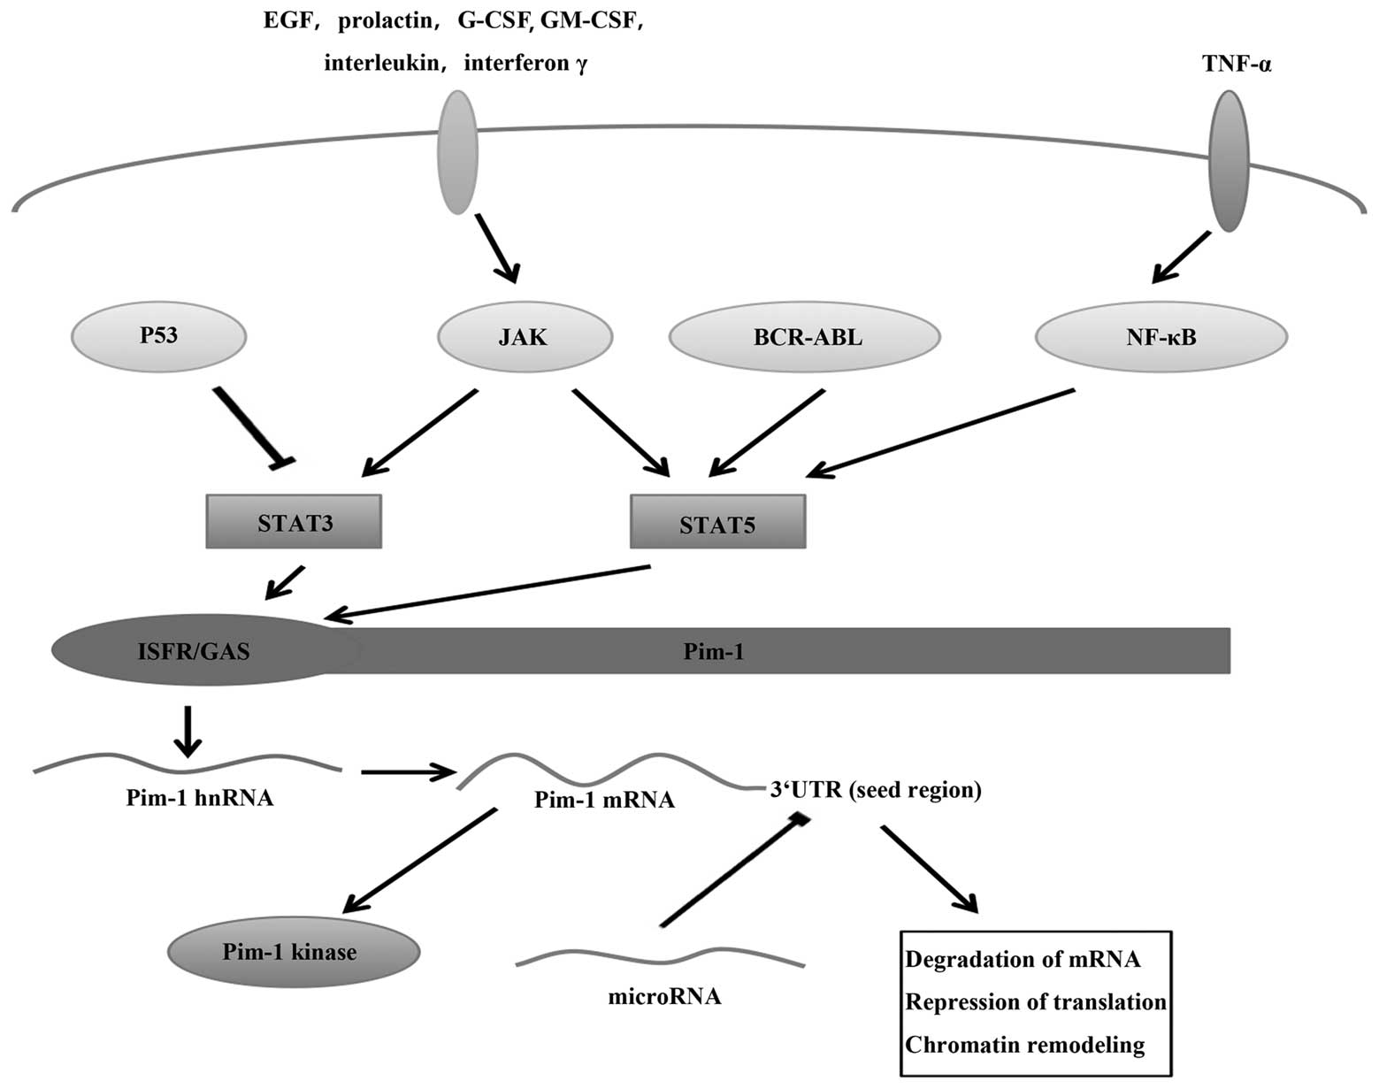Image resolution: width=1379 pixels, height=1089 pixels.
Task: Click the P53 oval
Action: click(x=158, y=336)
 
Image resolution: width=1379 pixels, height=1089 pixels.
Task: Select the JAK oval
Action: click(x=525, y=336)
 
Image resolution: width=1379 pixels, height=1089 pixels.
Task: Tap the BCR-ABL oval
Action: click(x=805, y=336)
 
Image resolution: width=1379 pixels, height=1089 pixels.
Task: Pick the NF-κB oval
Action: click(x=1161, y=336)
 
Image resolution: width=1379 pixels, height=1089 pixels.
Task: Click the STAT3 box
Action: click(x=294, y=522)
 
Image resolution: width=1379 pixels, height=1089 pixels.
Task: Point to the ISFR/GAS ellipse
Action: click(x=195, y=651)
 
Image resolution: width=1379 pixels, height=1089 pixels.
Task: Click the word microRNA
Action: click(x=664, y=997)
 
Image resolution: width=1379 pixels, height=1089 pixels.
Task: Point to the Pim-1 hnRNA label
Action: click(x=199, y=798)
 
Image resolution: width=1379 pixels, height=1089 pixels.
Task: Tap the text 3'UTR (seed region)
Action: click(x=876, y=789)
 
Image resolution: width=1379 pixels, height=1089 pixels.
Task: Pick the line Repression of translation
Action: click(x=1036, y=1002)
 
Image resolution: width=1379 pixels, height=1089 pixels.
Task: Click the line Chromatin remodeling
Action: click(x=1024, y=1045)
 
